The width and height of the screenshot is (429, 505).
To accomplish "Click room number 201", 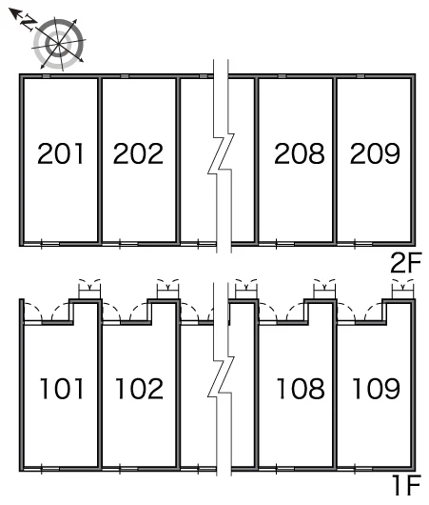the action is point(61,153).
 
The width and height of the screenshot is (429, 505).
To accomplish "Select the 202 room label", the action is point(138,153).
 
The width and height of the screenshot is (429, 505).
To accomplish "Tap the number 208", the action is point(300,153).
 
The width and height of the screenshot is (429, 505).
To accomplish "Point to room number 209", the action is point(375,153).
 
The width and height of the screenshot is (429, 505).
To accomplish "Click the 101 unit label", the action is point(62,389).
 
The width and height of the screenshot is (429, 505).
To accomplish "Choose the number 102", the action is point(139,389).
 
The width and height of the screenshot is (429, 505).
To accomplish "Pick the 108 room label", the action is point(301,389).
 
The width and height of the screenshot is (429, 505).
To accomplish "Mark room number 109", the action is point(377,389).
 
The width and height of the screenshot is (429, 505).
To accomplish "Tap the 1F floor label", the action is point(407,486).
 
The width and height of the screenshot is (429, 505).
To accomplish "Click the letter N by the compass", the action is point(29,23).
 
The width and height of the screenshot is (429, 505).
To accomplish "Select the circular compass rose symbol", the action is point(59,44).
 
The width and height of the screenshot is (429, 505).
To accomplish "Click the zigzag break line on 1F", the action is point(221,379).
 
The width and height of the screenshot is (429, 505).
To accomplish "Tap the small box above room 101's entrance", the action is point(89,293).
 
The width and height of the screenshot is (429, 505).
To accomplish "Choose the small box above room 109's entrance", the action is point(402,293).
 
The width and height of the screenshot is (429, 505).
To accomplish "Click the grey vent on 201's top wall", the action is point(47,76).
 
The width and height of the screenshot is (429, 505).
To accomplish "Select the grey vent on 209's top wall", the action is point(361,76).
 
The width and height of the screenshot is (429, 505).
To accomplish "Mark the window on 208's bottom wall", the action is point(277,244).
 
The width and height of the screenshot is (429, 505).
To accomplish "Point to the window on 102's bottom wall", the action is point(120,469).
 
